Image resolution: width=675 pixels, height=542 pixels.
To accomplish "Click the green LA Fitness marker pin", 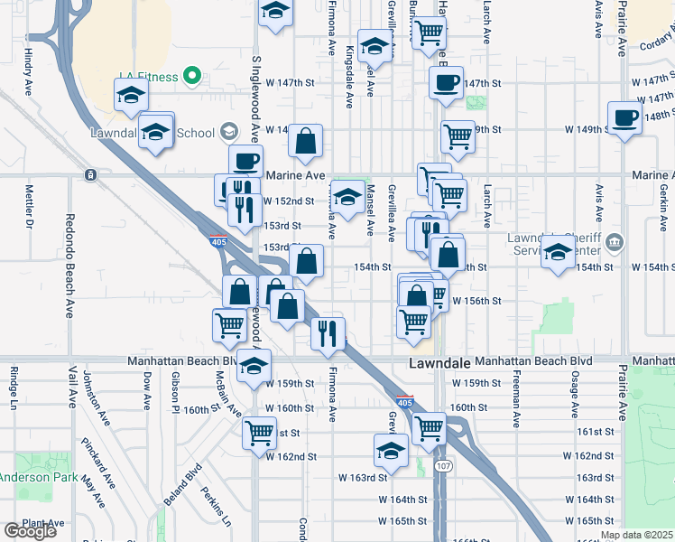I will tap(191, 76).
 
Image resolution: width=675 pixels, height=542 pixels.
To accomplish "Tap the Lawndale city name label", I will tap(439, 363).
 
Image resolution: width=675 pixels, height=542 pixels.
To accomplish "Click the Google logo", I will tap(30, 531).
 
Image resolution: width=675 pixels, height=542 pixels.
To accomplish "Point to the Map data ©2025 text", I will tap(636, 535).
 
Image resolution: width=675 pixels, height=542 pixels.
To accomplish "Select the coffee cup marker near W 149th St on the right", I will tap(624, 117).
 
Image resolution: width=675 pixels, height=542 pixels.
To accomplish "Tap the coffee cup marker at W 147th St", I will tap(445, 83).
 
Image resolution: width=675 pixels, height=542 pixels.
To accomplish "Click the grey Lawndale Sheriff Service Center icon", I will tap(615, 241).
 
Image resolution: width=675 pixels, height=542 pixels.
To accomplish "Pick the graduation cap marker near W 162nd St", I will tap(392, 448).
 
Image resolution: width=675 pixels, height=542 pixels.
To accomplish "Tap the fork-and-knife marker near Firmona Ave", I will tap(328, 332).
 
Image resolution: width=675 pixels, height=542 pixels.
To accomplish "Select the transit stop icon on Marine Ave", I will tap(90, 174).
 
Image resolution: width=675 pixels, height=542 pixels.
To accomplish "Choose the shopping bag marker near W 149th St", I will tap(306, 140).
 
